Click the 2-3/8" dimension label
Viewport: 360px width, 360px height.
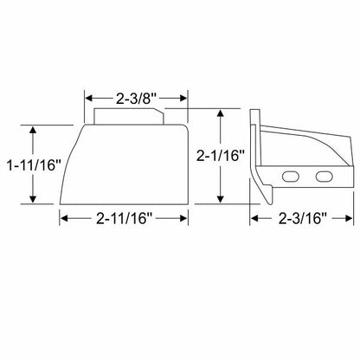pyautogui.click(x=136, y=99)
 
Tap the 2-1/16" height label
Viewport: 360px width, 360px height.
pyautogui.click(x=221, y=156)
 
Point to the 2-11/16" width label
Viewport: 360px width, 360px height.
pyautogui.click(x=124, y=218)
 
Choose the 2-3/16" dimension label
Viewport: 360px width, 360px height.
pyautogui.click(x=302, y=218)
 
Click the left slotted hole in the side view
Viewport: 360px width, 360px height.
pyautogui.click(x=291, y=177)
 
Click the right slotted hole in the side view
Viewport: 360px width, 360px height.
pyautogui.click(x=325, y=177)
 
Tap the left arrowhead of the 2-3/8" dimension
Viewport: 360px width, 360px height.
pyautogui.click(x=88, y=99)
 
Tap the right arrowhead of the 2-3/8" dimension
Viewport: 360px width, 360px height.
pyautogui.click(x=183, y=99)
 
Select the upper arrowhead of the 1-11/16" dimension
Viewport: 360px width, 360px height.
pyautogui.click(x=33, y=130)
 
